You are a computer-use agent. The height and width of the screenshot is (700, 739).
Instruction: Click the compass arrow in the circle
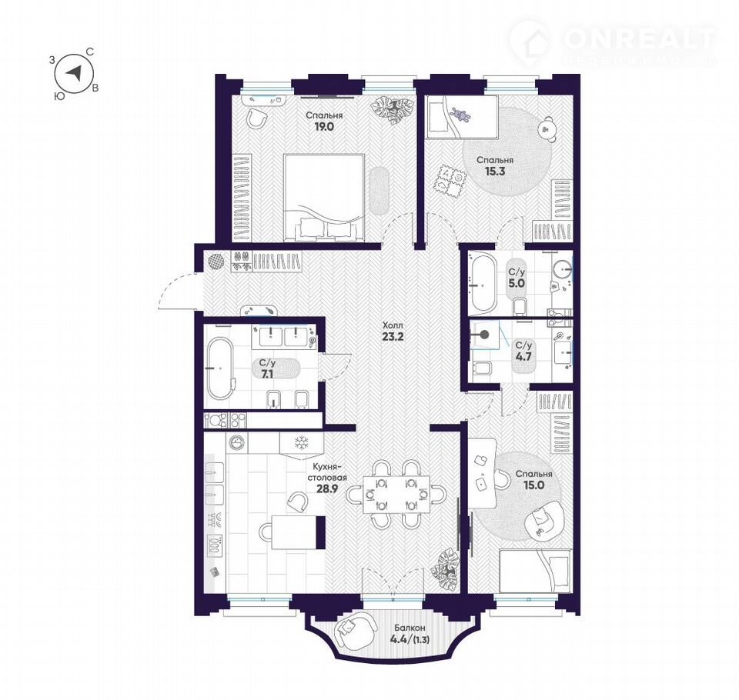click(75, 72)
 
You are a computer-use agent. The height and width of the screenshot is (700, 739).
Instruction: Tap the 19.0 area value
click(324, 126)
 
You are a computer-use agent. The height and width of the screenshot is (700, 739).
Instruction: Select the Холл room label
click(393, 325)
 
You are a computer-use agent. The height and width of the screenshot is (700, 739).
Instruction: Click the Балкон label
click(410, 628)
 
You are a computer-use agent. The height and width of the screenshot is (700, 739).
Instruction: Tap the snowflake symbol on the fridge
click(301, 443)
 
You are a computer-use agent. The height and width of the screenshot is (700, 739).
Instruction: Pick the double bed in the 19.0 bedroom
click(324, 198)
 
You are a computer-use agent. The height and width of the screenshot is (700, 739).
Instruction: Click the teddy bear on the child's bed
click(460, 115)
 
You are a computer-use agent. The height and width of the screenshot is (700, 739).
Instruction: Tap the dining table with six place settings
click(396, 494)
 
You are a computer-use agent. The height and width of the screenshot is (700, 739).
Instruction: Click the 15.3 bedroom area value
click(495, 171)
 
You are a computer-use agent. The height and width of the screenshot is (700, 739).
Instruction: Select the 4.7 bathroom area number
click(523, 357)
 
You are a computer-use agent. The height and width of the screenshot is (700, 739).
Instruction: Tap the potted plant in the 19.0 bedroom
click(390, 111)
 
